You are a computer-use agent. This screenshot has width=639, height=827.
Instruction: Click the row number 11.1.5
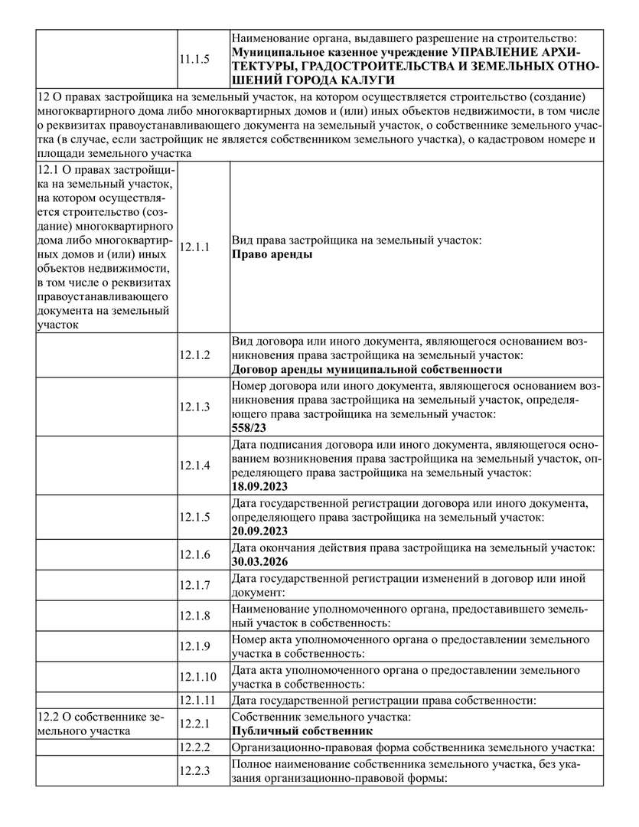pos(194,58)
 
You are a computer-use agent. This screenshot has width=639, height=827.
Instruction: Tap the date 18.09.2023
pos(259,485)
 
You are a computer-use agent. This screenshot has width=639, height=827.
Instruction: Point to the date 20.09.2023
pos(259,531)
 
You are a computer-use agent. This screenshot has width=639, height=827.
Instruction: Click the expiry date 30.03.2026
pos(259,561)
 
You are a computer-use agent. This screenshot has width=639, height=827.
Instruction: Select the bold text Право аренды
pos(272,254)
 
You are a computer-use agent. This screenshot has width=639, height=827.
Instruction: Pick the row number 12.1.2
pos(194,355)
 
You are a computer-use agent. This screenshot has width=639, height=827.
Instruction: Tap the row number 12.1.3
pos(194,407)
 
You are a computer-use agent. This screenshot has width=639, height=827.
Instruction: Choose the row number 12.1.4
pos(194,465)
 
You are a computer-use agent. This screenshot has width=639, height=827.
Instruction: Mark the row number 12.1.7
pos(194,585)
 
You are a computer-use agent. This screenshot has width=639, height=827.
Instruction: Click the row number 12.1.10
pos(197,676)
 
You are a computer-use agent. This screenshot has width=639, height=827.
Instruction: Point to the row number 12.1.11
pos(197,700)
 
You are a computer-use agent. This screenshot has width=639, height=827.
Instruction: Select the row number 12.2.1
pos(194,724)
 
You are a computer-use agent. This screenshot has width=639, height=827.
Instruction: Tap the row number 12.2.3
pos(194,771)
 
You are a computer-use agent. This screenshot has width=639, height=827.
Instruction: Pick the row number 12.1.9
pos(194,646)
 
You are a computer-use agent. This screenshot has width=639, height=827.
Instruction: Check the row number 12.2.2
pos(194,747)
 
